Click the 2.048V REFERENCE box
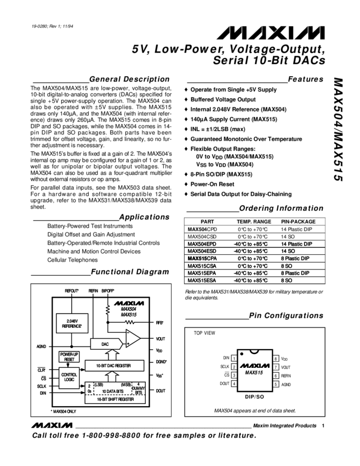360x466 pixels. (68, 323)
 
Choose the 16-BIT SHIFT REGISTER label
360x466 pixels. (115, 399)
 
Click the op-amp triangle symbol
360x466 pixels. (132, 339)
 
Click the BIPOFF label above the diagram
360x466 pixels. (108, 290)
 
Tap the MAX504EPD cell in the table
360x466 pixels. (202, 244)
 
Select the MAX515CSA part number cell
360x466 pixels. (202, 266)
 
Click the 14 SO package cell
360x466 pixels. (288, 251)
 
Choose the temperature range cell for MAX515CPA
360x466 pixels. (249, 258)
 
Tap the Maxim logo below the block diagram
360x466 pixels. (52, 425)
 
